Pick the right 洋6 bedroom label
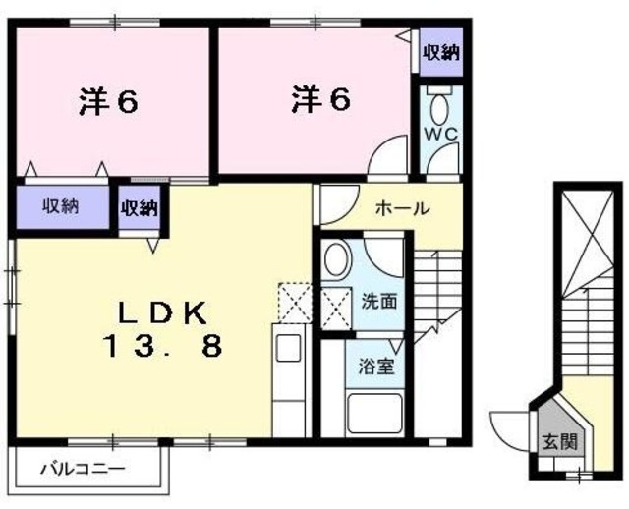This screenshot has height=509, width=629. click(320, 99)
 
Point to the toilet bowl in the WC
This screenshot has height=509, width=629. click(439, 105)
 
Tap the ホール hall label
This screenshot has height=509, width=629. click(401, 208)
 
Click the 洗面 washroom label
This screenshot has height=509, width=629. click(378, 301)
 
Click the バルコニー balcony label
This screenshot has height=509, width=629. click(83, 469)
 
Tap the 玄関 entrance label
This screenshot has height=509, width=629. click(556, 442)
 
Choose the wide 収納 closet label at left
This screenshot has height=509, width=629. click(60, 206)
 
